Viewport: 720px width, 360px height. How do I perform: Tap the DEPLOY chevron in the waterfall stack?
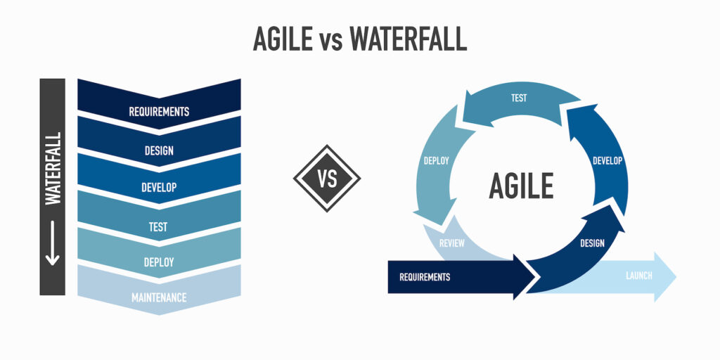[x=159, y=262]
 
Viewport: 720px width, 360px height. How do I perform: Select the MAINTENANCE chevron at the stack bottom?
[x=159, y=297]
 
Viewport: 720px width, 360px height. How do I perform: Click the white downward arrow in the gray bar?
[x=52, y=246]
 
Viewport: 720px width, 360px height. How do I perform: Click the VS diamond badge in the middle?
[x=327, y=178]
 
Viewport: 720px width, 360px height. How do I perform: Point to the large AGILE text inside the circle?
[x=521, y=186]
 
